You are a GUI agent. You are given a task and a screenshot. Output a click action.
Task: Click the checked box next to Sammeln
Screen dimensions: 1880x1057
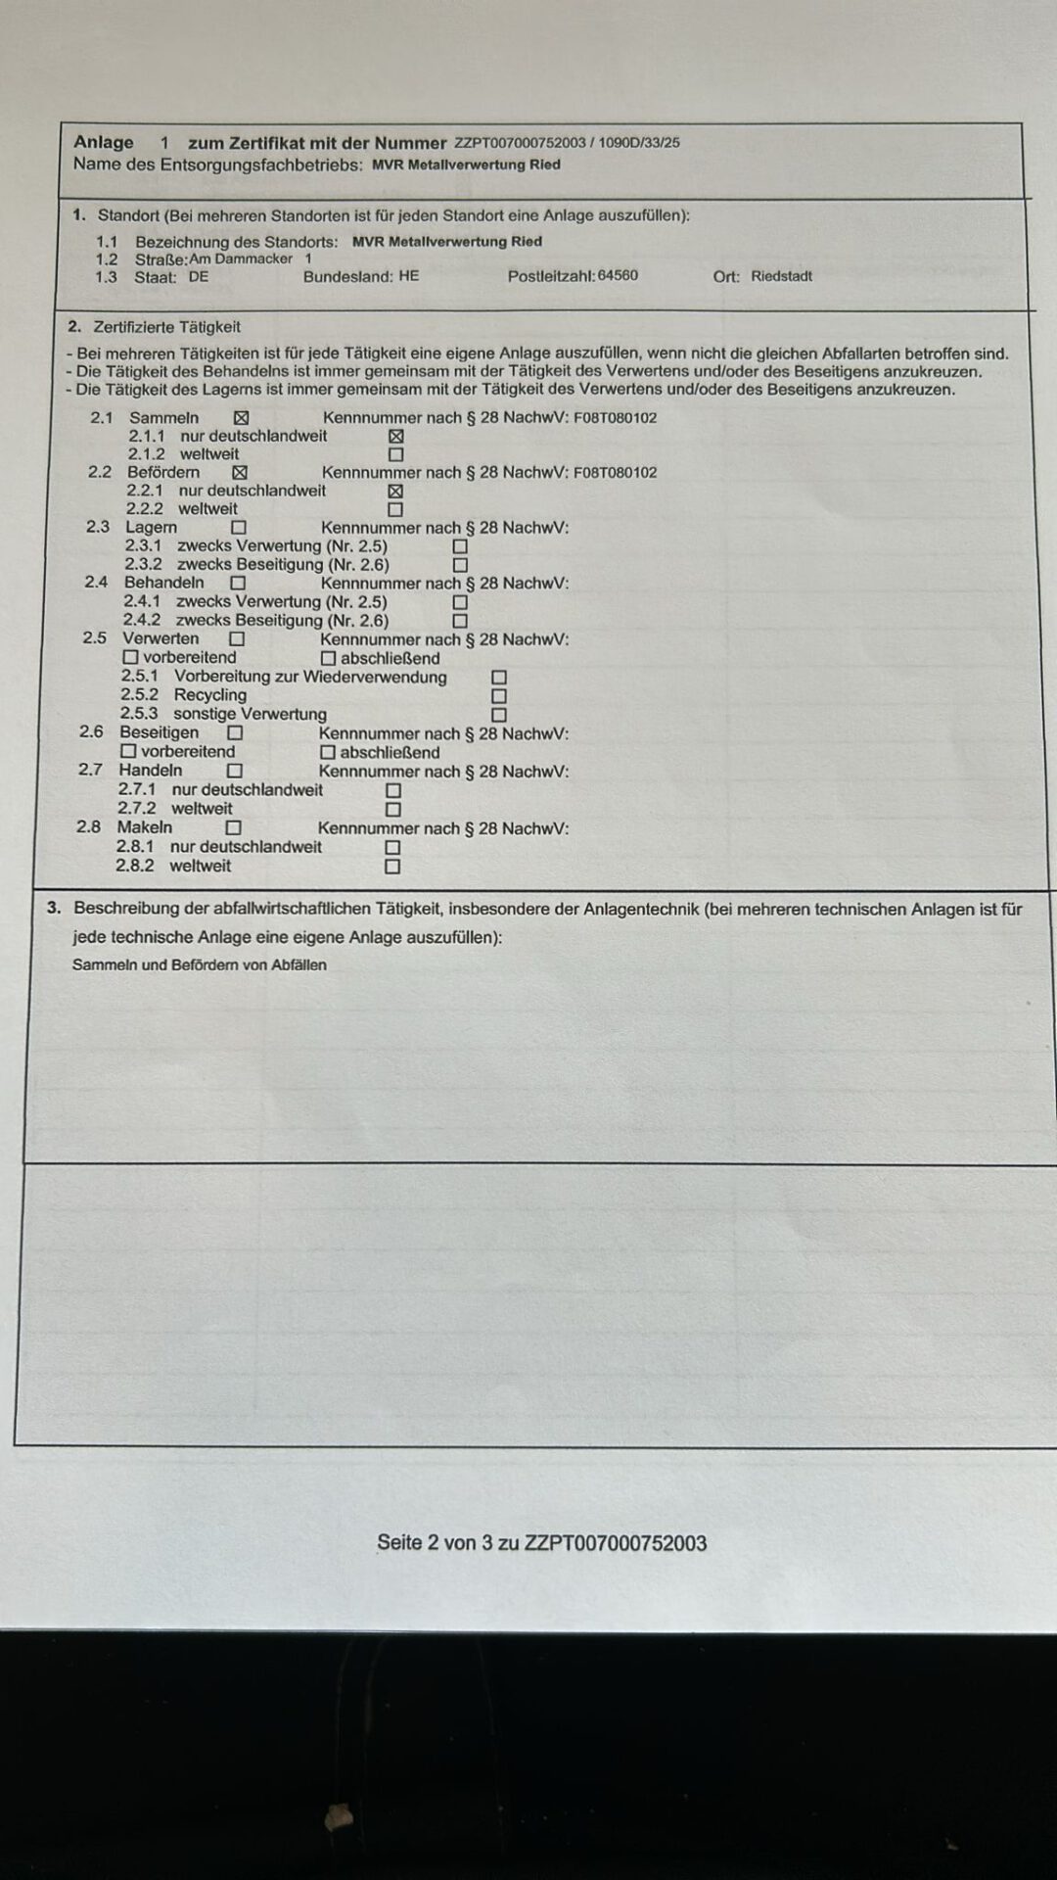tap(241, 418)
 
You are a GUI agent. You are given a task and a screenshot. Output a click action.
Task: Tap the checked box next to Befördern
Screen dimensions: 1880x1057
tap(240, 473)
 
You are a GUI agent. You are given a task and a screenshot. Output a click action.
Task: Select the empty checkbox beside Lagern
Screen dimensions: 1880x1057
tap(238, 528)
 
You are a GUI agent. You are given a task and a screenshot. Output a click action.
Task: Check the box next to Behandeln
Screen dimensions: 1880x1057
tap(237, 584)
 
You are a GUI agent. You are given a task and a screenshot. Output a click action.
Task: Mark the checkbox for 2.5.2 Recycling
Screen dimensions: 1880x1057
tap(499, 696)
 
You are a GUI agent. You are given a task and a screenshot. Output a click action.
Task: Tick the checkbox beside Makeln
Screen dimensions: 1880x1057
tap(233, 828)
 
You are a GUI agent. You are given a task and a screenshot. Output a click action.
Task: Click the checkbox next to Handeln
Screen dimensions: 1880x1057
tap(234, 772)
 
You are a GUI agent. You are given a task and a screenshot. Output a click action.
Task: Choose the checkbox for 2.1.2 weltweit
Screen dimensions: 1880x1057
tap(395, 455)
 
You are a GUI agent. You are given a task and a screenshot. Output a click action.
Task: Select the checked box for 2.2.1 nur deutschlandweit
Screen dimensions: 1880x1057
tap(395, 492)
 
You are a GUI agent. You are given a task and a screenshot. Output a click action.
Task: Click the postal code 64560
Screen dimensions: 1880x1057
tap(618, 276)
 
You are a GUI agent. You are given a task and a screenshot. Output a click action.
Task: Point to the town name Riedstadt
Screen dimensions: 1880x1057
tap(781, 276)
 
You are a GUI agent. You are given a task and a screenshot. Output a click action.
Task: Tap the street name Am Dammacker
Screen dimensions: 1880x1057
tap(241, 259)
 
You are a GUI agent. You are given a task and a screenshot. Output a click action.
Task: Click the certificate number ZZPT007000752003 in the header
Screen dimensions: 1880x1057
tap(520, 143)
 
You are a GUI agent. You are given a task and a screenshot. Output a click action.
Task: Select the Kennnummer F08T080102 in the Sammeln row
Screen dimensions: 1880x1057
tap(615, 418)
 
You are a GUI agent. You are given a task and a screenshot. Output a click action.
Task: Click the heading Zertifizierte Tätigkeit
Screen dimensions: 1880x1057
tap(166, 327)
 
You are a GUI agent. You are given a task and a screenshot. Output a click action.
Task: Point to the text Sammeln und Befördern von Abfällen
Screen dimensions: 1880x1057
tap(200, 965)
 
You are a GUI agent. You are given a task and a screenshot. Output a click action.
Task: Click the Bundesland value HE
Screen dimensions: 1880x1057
tap(408, 276)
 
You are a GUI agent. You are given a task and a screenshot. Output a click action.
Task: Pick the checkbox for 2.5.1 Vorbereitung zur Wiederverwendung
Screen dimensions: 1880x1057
tap(499, 678)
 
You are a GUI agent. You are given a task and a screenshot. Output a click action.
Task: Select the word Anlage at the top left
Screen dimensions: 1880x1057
tap(103, 142)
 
